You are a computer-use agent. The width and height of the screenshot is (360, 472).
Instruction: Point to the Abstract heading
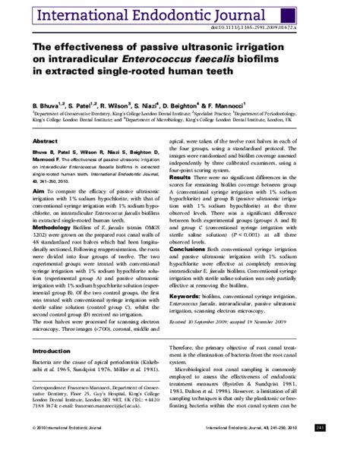pos(45,142)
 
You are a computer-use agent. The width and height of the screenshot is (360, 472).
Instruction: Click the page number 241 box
pos(341,449)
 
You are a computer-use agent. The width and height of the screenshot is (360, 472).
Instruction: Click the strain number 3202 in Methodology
pos(39,236)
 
